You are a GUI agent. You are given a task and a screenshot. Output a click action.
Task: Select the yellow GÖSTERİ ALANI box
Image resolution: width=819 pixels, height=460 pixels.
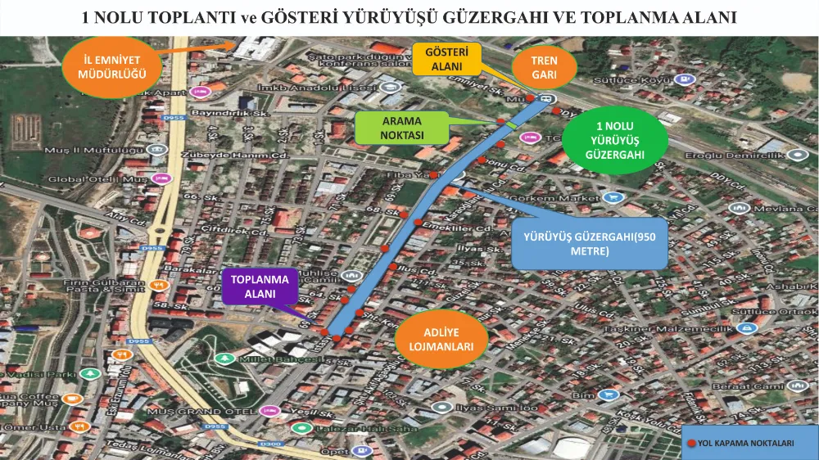click(447, 60)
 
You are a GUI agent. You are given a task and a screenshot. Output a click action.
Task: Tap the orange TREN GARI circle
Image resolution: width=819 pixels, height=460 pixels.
click(544, 67)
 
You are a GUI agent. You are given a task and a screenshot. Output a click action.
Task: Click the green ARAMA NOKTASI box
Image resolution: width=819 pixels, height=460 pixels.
click(402, 128)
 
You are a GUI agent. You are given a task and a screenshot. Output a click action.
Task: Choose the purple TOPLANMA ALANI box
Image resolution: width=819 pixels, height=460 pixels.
click(258, 286)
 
